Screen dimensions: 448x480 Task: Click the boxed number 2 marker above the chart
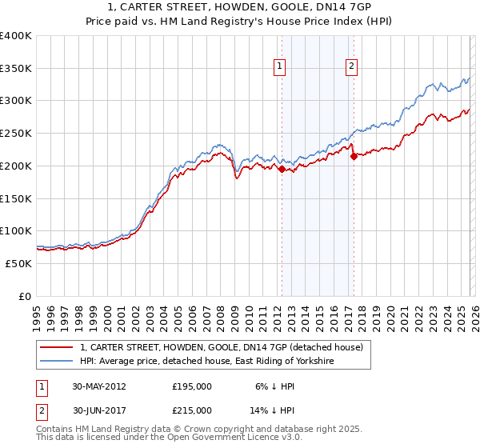pyautogui.click(x=351, y=67)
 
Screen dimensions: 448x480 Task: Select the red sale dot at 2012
pyautogui.click(x=282, y=169)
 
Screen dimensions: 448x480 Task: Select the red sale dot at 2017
pyautogui.click(x=354, y=156)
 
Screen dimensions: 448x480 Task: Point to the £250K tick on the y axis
pyautogui.click(x=16, y=134)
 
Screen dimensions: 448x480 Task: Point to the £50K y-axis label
pyautogui.click(x=18, y=263)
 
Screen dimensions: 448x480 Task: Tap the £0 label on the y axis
pyautogui.click(x=25, y=296)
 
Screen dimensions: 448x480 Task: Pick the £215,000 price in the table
pyautogui.click(x=192, y=410)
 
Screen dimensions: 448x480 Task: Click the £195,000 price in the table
pyautogui.click(x=192, y=386)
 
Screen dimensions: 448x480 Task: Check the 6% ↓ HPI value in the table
pyautogui.click(x=274, y=386)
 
